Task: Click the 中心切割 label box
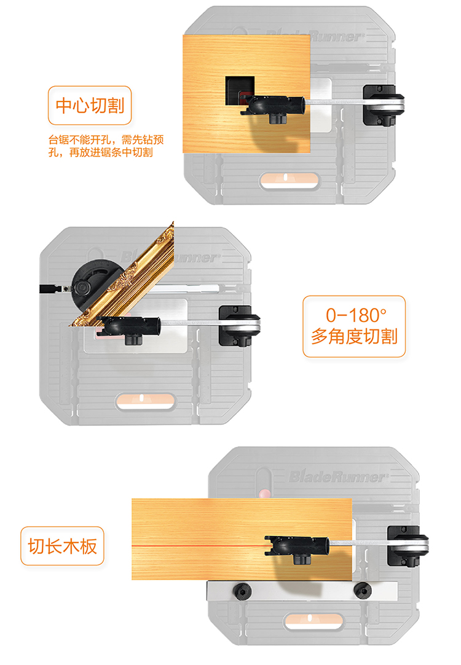(90, 106)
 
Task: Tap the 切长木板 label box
(62, 546)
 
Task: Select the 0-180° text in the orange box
(357, 315)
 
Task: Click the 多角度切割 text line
(354, 336)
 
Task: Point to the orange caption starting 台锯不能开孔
(106, 146)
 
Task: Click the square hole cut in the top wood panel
(240, 91)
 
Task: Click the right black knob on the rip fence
(363, 590)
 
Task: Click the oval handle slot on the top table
(290, 180)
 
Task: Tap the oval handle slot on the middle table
(146, 401)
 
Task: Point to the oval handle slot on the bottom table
(314, 621)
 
